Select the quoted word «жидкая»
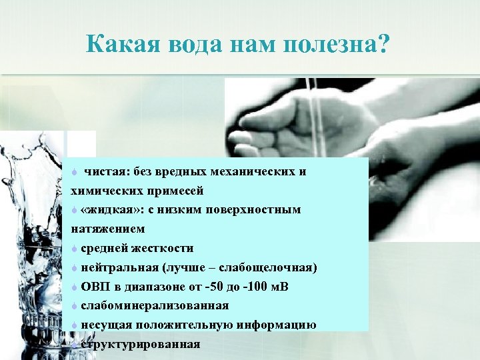pyautogui.click(x=105, y=210)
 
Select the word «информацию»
pyautogui.click(x=281, y=325)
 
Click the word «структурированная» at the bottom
pyautogui.click(x=141, y=345)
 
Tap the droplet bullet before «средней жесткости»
pyautogui.click(x=75, y=248)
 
